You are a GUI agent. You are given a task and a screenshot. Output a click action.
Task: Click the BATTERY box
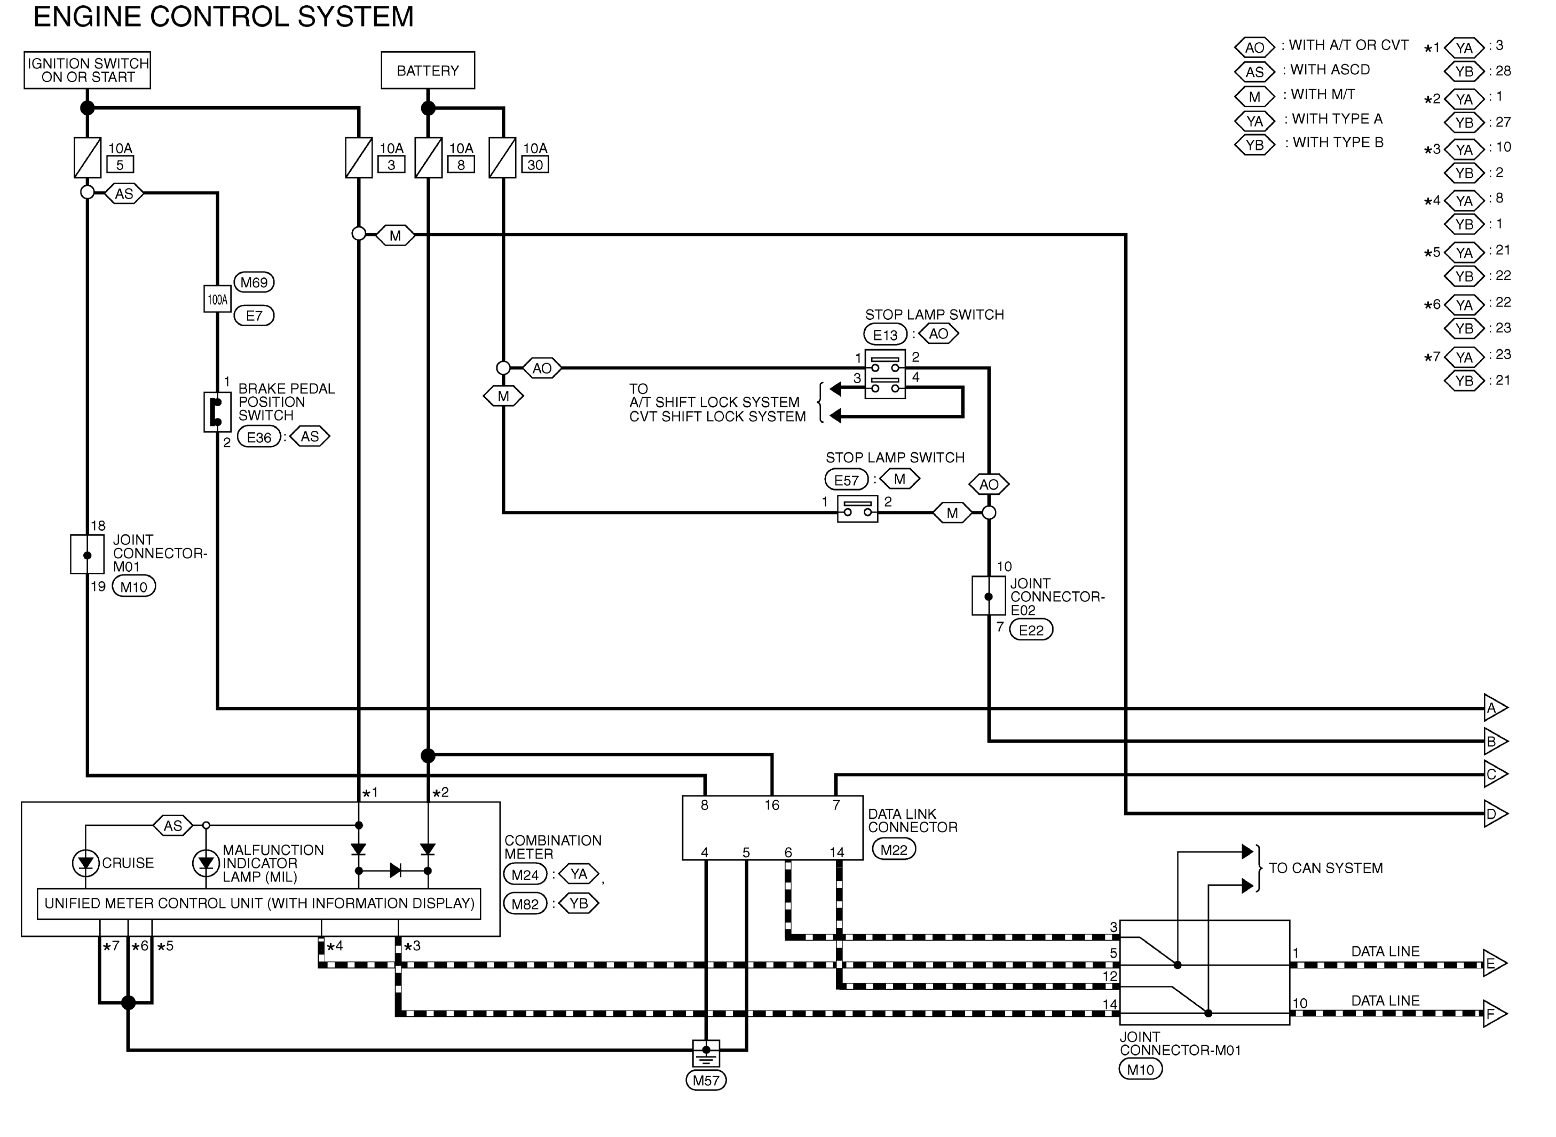(428, 70)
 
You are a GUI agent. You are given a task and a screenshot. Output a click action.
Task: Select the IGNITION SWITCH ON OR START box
(88, 70)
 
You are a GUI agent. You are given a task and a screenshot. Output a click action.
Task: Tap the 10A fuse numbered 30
(502, 157)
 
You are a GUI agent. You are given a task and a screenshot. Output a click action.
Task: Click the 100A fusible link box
(217, 299)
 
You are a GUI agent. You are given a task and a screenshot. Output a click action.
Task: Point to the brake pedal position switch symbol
(217, 412)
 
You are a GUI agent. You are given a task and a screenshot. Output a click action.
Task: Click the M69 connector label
(254, 282)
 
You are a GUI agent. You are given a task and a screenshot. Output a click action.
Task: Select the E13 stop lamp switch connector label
(885, 335)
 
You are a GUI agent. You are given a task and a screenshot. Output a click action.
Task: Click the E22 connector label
(1031, 630)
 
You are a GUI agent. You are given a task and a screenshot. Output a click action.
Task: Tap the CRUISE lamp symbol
(85, 863)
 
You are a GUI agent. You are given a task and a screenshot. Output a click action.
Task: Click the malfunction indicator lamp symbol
(206, 863)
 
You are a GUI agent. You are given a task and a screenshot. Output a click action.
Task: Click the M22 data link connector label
(894, 849)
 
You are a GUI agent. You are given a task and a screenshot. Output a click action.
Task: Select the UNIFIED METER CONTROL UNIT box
(259, 904)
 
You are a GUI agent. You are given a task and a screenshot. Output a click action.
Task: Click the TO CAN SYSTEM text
(1325, 868)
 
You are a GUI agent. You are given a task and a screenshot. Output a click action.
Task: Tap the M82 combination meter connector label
(525, 904)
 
